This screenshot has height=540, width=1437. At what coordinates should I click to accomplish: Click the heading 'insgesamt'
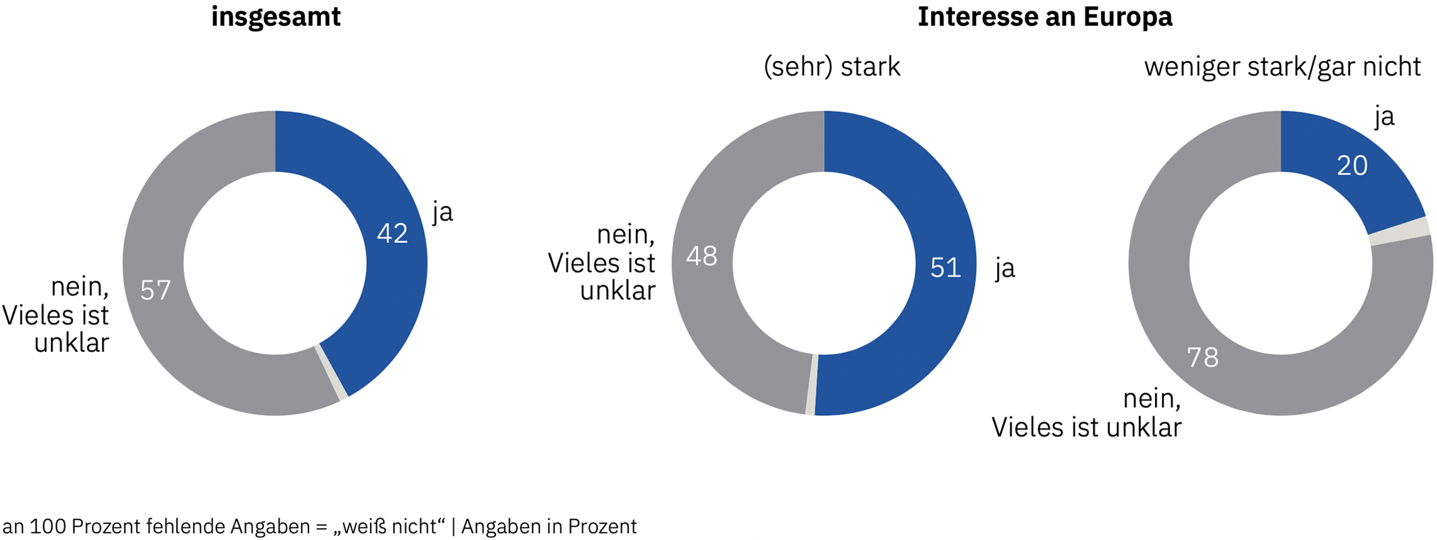pos(276,17)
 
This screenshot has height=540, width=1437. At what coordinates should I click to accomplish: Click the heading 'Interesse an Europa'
pos(1044,17)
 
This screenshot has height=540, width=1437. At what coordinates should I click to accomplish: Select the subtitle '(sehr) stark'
pos(831,67)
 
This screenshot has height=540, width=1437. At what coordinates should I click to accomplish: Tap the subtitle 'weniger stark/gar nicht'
pos(1282,67)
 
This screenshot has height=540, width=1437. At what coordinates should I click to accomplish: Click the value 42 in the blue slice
pos(392,233)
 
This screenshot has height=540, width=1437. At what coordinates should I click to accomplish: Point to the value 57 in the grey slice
pos(155,290)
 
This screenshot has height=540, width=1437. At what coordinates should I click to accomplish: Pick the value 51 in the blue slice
pos(945,268)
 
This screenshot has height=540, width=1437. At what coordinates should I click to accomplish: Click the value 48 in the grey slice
pos(701,256)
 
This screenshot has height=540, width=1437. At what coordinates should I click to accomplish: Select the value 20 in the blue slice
pos(1352,166)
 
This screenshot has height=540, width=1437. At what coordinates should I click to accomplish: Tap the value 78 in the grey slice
pos(1202,357)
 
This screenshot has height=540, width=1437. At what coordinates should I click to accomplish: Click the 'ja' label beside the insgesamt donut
pos(442,213)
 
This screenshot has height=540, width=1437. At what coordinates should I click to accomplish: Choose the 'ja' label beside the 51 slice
pos(1005,269)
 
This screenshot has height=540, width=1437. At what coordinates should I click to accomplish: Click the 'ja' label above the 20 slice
pos(1384,117)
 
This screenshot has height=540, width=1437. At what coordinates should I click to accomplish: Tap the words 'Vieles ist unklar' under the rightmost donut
pos(1086,427)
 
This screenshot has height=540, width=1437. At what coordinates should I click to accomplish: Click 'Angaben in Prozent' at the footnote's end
pos(549,526)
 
